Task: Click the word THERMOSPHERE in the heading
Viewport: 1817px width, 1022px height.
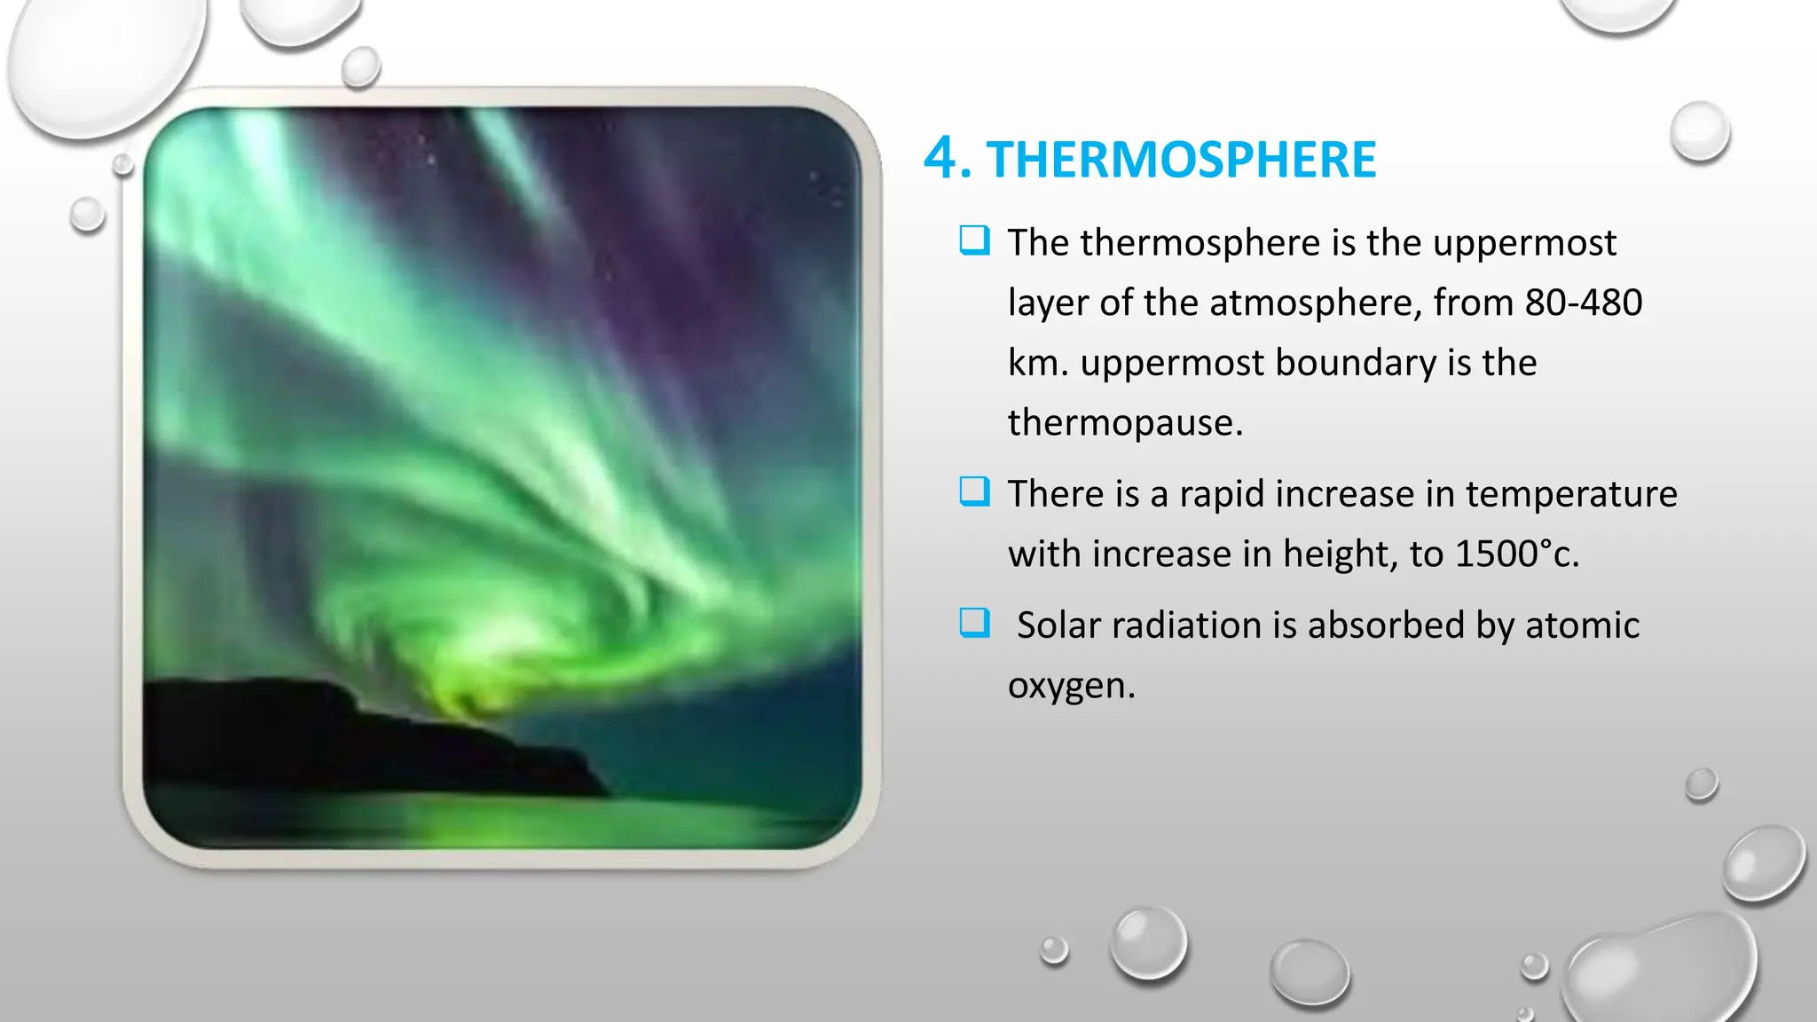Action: pyautogui.click(x=1181, y=160)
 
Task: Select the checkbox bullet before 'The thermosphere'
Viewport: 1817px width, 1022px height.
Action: pyautogui.click(x=974, y=240)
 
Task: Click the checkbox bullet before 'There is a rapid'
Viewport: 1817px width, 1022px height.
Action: pyautogui.click(x=974, y=491)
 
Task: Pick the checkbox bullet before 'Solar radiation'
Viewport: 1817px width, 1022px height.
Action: pyautogui.click(x=974, y=623)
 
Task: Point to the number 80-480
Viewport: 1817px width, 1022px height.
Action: pyautogui.click(x=1583, y=303)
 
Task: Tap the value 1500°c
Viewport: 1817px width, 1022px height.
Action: pyautogui.click(x=1516, y=554)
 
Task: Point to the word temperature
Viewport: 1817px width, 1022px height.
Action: pyautogui.click(x=1570, y=494)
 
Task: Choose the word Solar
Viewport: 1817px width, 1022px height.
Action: pyautogui.click(x=1058, y=625)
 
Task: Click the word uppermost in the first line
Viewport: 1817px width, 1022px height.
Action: pyautogui.click(x=1523, y=243)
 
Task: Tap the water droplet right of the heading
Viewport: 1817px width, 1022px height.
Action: pyautogui.click(x=1700, y=132)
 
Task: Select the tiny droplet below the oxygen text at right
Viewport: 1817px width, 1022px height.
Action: pyautogui.click(x=1701, y=784)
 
